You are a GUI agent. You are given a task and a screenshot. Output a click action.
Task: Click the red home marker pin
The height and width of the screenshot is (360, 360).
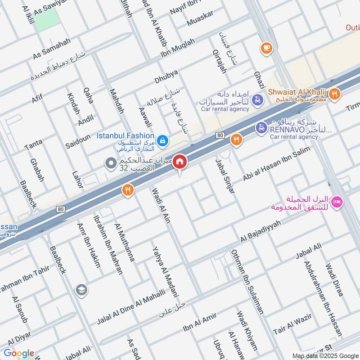[180, 162]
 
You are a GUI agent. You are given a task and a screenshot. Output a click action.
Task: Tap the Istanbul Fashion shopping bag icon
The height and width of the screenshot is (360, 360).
[162, 140]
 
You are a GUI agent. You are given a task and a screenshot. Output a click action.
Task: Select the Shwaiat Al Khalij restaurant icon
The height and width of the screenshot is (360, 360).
[333, 94]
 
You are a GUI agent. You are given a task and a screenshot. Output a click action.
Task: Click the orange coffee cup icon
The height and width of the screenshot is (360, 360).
[266, 47]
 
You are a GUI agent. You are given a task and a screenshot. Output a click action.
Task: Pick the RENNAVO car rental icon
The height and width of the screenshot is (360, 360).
[261, 129]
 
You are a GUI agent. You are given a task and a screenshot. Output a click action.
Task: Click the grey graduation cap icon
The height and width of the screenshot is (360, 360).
[81, 289]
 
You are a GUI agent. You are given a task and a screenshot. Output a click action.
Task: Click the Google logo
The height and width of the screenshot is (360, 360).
[18, 353]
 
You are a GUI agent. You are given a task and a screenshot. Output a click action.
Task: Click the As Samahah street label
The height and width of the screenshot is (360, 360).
[52, 49]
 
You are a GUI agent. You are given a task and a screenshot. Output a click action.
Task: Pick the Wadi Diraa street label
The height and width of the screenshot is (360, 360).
[334, 280]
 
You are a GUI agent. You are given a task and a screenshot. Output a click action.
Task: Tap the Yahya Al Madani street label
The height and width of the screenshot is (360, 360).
[164, 273]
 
